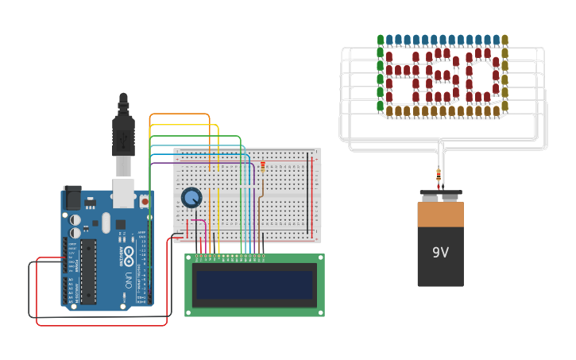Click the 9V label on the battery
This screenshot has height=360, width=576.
(x=440, y=253)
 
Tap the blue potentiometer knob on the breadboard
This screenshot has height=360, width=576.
(x=191, y=197)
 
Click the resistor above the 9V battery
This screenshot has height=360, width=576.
(x=438, y=175)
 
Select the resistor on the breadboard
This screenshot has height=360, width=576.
(x=263, y=166)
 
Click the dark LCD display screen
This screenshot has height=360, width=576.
(x=254, y=285)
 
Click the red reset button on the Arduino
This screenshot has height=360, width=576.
(x=145, y=203)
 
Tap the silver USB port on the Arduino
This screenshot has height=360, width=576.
(x=123, y=193)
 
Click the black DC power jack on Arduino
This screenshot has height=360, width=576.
(x=72, y=198)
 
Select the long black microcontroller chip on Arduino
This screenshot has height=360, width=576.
(x=88, y=270)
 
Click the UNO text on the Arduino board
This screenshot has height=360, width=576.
(x=127, y=281)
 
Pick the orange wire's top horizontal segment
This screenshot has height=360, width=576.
(x=179, y=114)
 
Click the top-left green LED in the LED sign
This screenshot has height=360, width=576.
(x=381, y=40)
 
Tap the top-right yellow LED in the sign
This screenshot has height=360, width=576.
(x=504, y=40)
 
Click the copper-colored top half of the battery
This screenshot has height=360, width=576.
(x=440, y=215)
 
